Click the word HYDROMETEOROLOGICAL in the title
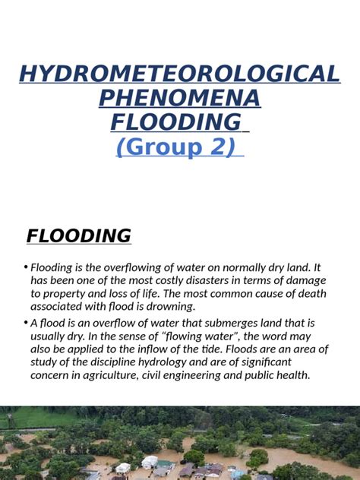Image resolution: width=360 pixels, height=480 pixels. [180, 74]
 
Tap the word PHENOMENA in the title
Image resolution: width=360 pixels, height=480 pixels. [180, 98]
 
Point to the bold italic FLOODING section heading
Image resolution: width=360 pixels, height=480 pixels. [79, 236]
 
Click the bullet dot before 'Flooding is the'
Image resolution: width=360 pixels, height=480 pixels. [25, 267]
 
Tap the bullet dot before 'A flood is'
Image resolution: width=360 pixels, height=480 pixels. [25, 323]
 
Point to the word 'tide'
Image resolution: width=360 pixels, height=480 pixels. [263, 349]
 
